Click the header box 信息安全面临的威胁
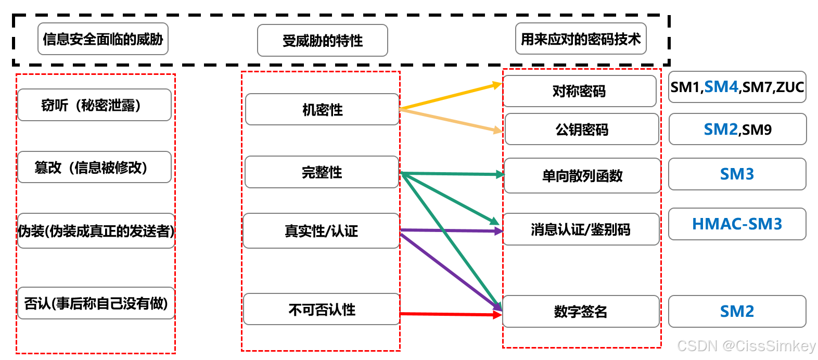click(103, 39)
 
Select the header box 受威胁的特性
click(322, 41)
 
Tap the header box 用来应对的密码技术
click(581, 39)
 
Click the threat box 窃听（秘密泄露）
click(94, 105)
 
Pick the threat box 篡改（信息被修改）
click(94, 168)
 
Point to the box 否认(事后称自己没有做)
click(96, 303)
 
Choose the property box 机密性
click(322, 110)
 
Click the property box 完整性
click(322, 172)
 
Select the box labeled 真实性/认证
click(321, 231)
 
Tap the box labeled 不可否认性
click(322, 310)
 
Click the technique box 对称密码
click(579, 92)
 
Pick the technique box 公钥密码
click(582, 130)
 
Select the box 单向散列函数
click(582, 176)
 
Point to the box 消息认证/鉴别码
click(581, 229)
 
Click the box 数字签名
click(581, 312)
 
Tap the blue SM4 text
click(721, 87)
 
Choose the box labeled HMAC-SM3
click(737, 224)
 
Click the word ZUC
click(790, 87)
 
